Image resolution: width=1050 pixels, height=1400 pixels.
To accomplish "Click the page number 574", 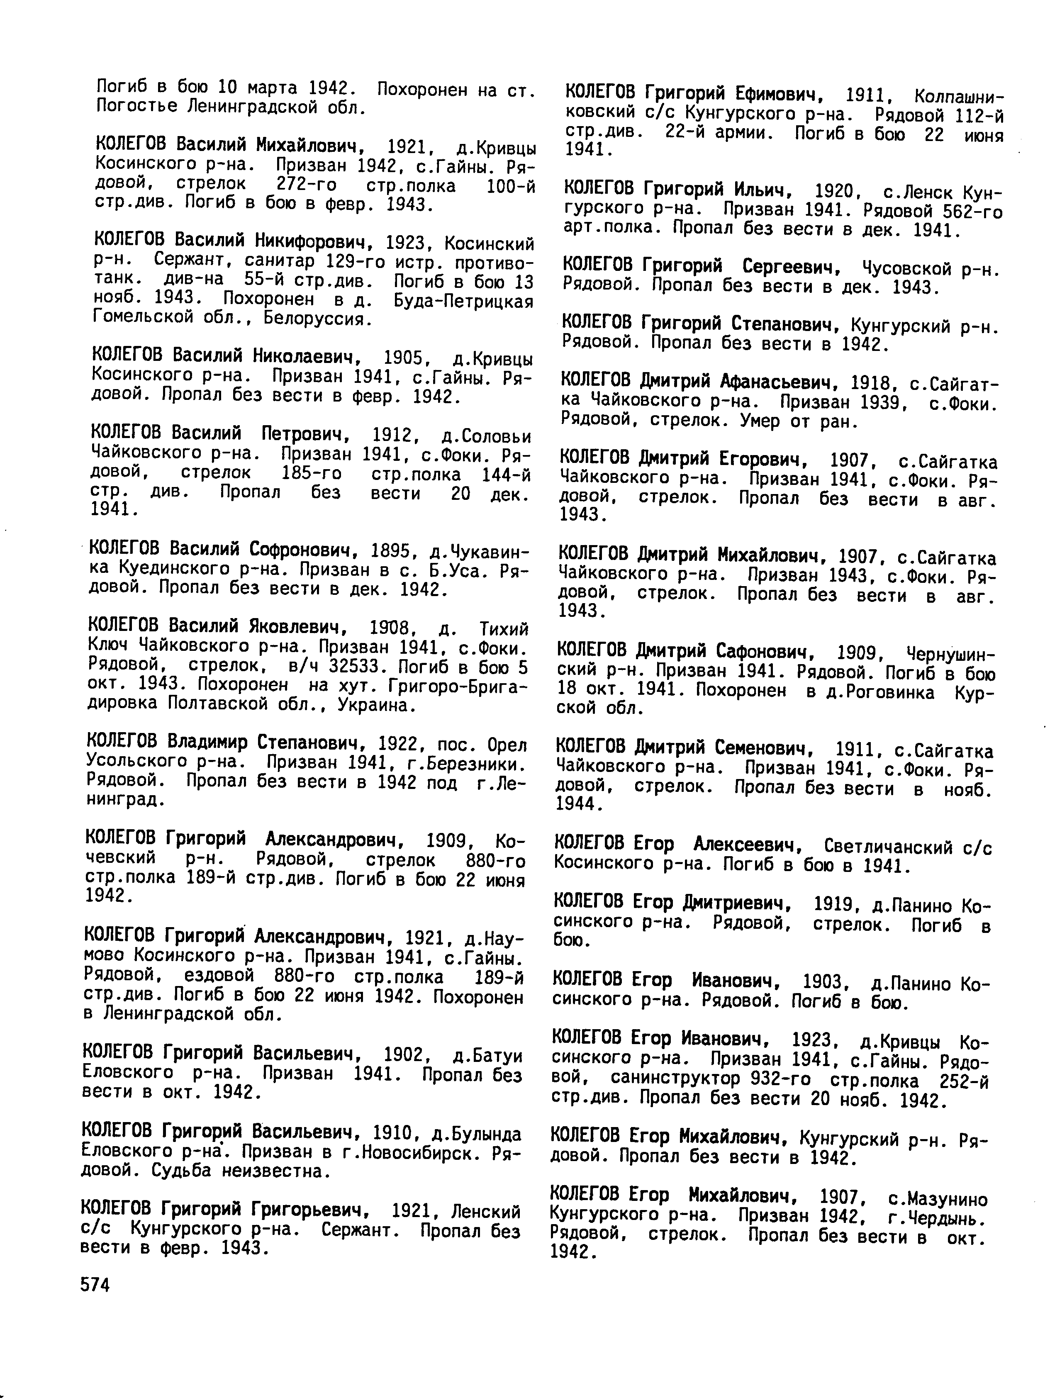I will pyautogui.click(x=95, y=1285).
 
